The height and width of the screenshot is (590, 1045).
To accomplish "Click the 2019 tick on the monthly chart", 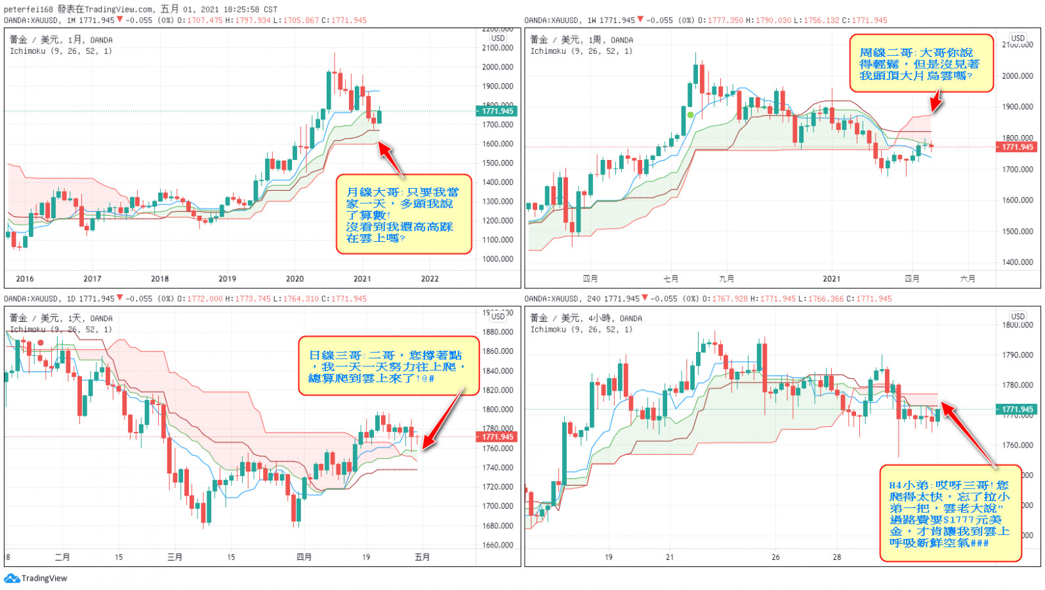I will [x=227, y=279].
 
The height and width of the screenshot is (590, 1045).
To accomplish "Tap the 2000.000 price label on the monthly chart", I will [x=497, y=67].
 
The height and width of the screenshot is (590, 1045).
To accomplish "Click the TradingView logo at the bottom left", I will [x=36, y=578].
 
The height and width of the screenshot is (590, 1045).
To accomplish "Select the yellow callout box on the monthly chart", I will [x=403, y=214].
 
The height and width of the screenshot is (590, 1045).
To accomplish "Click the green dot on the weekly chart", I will [x=690, y=115].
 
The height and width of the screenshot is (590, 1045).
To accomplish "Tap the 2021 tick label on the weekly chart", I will [x=831, y=279].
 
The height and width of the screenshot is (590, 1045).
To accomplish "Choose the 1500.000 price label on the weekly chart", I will [x=1017, y=231].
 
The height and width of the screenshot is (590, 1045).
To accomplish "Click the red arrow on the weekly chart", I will [x=935, y=102].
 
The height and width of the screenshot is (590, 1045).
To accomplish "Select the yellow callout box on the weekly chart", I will [x=921, y=64].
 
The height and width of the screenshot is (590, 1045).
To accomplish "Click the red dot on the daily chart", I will [x=41, y=342].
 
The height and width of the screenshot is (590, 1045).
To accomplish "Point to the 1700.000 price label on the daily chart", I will [x=497, y=506].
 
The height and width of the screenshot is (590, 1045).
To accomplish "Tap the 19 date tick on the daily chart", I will [x=366, y=557].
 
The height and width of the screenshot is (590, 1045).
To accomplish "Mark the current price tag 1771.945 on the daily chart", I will [x=497, y=437].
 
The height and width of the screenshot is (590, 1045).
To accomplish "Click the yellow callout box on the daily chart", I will [x=388, y=366].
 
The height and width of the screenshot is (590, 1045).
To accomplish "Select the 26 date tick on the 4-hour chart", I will [x=775, y=557].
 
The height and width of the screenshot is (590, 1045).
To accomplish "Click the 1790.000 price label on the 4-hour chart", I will [x=1017, y=355].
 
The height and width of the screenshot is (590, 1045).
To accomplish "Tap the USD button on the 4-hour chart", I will [x=1017, y=316].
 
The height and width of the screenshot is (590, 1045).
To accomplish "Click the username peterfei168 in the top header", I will [x=28, y=9].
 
